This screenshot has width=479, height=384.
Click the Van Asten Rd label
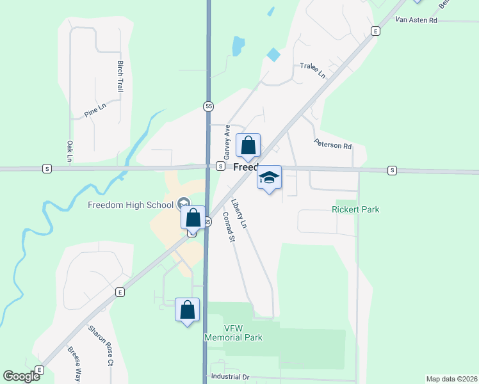point(416,20)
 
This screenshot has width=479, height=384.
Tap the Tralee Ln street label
point(313,70)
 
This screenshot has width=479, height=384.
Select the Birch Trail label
point(120,77)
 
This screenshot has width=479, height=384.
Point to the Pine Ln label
point(94,111)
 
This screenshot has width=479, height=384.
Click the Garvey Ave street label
point(226,143)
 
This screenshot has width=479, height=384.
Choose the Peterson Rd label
point(333,145)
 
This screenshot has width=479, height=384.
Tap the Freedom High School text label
point(131,205)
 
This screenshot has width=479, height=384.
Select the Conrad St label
point(229,227)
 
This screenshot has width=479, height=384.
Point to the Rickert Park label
point(355,209)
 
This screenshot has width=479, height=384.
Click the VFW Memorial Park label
point(233,333)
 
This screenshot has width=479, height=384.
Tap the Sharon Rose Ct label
point(101,346)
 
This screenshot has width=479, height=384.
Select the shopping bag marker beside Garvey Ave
point(248,146)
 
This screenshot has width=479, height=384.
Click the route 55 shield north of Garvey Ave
point(208,106)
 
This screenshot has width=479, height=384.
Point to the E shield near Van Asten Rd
point(375,31)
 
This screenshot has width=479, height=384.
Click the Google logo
point(21,376)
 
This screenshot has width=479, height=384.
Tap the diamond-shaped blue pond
point(273,55)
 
